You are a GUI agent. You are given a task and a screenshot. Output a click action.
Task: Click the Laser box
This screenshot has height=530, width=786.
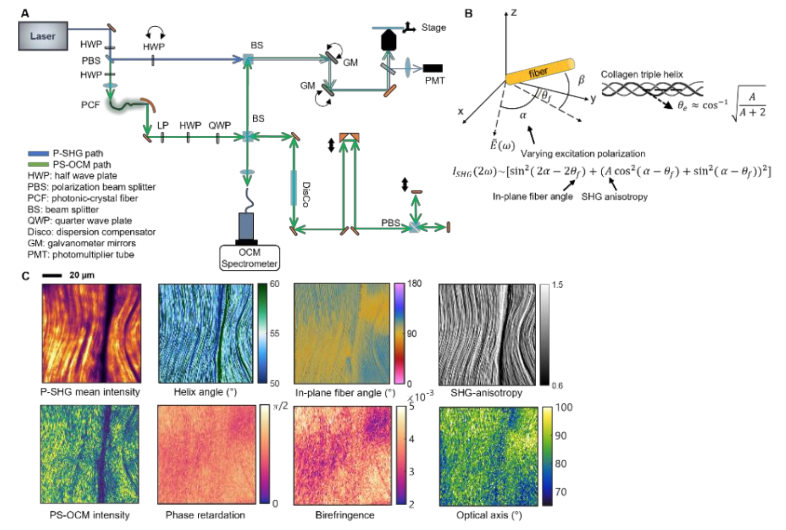(43, 36)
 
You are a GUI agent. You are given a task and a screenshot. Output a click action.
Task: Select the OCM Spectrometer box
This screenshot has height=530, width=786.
(249, 258)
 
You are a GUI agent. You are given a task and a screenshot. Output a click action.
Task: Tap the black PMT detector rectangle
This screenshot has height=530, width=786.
(433, 68)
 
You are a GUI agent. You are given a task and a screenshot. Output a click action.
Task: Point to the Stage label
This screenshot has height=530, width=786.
(434, 28)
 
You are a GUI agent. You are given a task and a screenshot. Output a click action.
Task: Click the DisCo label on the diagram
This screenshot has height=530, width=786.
(306, 194)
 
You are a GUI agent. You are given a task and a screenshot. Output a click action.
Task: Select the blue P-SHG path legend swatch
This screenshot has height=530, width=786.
(38, 154)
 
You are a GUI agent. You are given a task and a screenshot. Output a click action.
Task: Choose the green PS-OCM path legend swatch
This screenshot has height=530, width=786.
(38, 164)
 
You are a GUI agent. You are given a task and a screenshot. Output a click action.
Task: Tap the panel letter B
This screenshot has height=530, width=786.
(468, 13)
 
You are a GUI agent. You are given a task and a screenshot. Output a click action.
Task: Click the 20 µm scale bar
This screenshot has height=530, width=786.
(52, 275)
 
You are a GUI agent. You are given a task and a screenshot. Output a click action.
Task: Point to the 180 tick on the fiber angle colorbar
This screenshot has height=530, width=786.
(414, 284)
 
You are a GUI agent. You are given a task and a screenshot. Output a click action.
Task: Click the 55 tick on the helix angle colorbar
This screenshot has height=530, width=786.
(275, 333)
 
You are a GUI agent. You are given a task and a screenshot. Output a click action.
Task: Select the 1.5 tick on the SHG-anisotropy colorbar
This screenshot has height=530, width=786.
(558, 285)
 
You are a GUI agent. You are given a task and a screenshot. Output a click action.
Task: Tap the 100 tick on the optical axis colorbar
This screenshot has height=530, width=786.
(563, 408)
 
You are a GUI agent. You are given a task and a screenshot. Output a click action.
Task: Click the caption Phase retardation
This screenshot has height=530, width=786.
(205, 515)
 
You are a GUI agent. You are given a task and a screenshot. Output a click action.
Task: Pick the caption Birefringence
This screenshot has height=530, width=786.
(345, 515)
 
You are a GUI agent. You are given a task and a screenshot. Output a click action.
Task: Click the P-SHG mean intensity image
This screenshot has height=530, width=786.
(91, 333)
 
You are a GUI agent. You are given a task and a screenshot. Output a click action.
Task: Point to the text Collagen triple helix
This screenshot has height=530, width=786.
(642, 74)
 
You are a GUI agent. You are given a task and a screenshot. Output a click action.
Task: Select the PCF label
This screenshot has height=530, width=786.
(90, 105)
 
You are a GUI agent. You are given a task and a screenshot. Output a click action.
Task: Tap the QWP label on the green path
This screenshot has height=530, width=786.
(220, 125)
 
